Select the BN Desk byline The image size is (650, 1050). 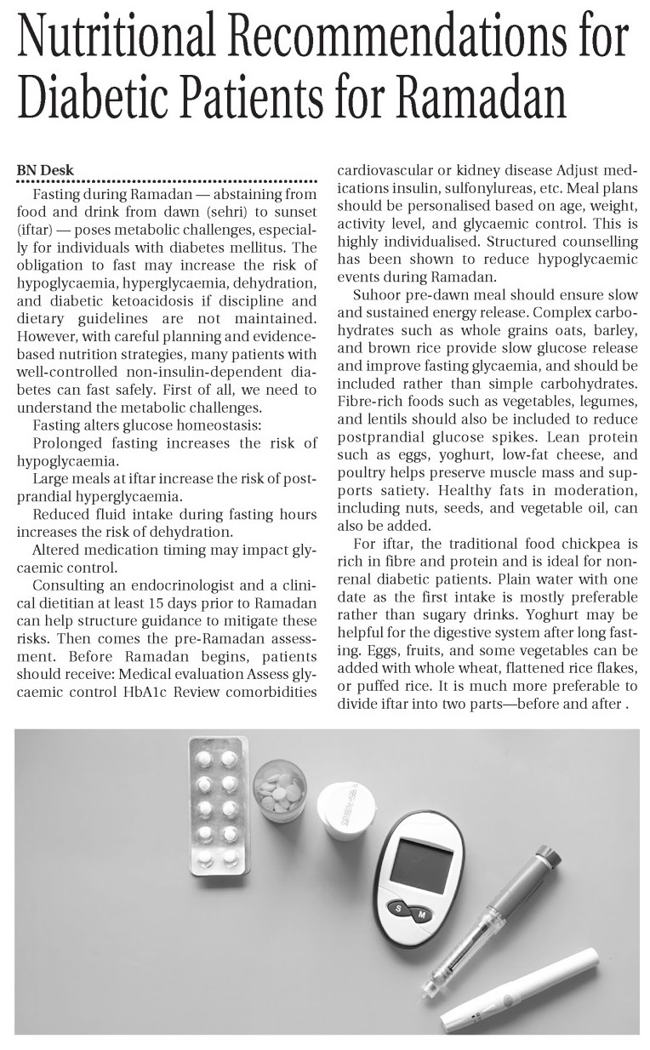[45, 170]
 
